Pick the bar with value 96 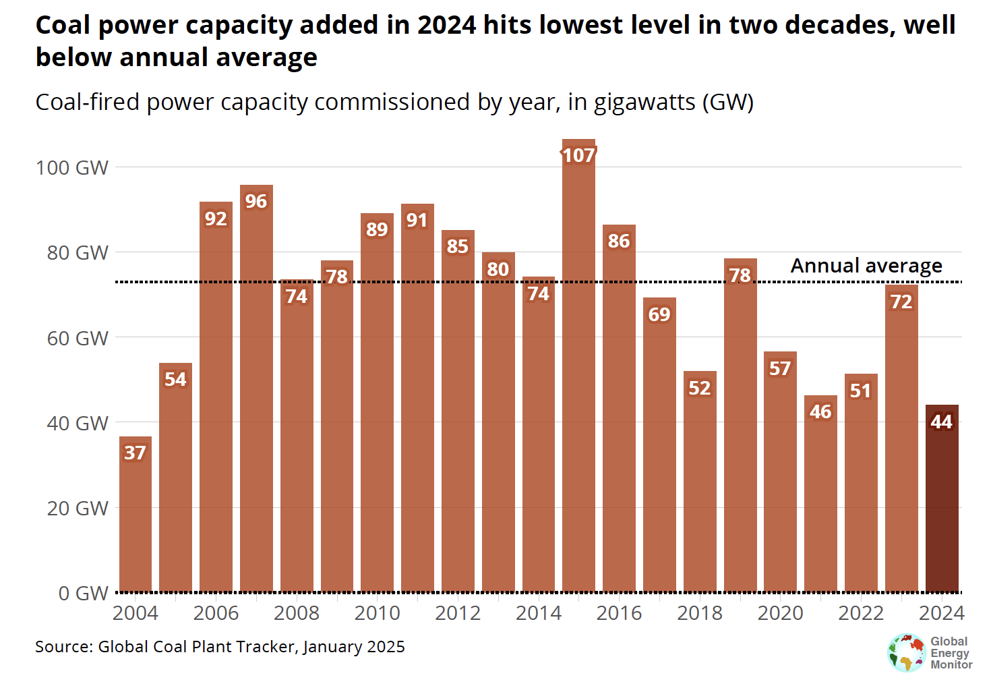256,391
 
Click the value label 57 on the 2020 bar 780,368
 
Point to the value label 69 659,314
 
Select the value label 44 941,422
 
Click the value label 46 820,411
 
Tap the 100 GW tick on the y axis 72,167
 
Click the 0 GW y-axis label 83,593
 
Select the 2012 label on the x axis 458,613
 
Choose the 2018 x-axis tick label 700,613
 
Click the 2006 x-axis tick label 216,613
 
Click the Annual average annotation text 866,266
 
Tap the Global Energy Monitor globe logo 907,653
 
